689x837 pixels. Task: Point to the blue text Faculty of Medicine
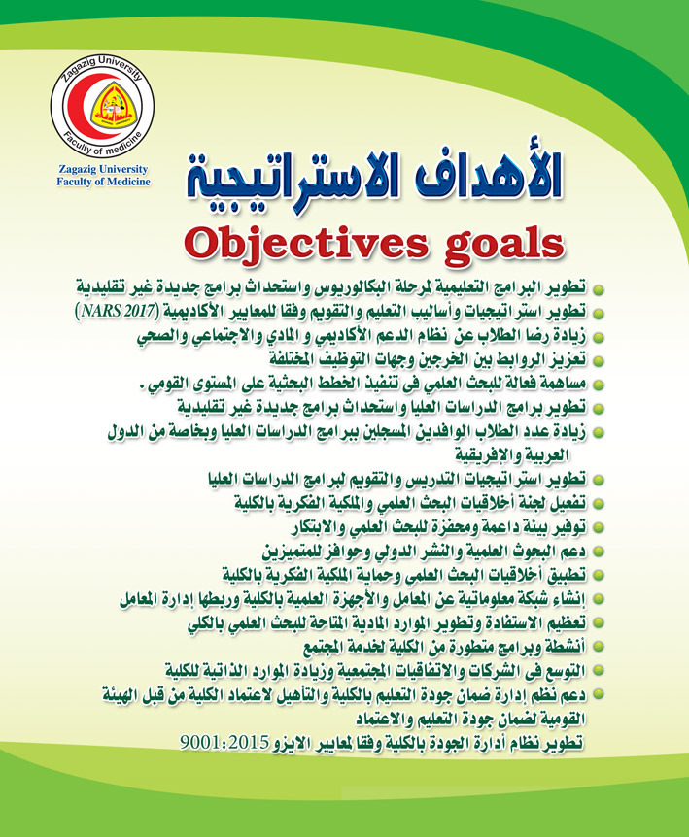(104, 182)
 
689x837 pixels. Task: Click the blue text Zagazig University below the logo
(104, 170)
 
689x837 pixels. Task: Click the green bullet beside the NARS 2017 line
(599, 314)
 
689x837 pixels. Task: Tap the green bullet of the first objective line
(599, 289)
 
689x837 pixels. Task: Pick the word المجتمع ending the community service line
(327, 648)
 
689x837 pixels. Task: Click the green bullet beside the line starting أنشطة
(599, 648)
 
